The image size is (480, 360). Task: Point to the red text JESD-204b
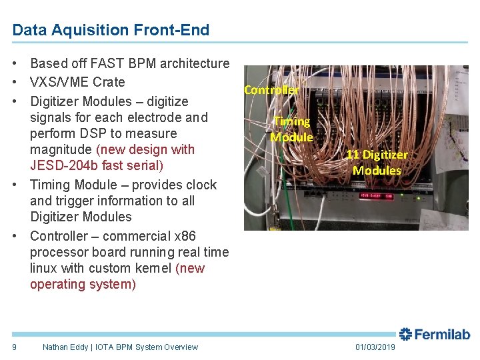pyautogui.click(x=59, y=165)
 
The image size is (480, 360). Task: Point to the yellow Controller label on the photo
pyautogui.click(x=271, y=89)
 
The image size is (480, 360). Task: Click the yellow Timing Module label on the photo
pyautogui.click(x=292, y=129)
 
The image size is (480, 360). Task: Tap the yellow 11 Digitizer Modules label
pyautogui.click(x=377, y=162)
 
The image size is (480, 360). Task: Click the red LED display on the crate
pyautogui.click(x=377, y=196)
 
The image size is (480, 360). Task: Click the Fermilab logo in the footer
pyautogui.click(x=435, y=335)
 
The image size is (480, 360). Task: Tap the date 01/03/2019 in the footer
pyautogui.click(x=375, y=347)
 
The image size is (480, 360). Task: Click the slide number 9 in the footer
pyautogui.click(x=15, y=347)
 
